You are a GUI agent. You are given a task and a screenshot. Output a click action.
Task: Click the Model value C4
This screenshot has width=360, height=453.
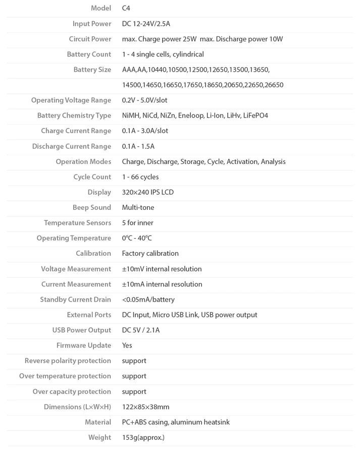coord(126,8)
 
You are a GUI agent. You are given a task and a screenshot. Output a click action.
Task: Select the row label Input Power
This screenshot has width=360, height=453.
coord(91,24)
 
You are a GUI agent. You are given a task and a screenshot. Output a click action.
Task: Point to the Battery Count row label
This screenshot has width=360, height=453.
coord(89,54)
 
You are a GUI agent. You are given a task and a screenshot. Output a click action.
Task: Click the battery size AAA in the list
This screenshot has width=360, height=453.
coord(129,70)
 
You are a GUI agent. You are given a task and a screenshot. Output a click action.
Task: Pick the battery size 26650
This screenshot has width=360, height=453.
coord(274,85)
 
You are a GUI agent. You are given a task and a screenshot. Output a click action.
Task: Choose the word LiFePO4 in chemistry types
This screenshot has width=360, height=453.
coord(255,116)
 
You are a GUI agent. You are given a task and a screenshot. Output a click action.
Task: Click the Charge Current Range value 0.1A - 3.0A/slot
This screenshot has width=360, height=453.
coord(145,131)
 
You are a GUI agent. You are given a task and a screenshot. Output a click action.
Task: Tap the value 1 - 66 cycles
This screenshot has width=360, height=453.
coord(140,177)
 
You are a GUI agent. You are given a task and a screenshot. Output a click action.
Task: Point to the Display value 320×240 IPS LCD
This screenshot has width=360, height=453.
coord(148,192)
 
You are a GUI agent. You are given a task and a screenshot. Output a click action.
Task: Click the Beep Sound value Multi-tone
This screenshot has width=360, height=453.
coord(138,207)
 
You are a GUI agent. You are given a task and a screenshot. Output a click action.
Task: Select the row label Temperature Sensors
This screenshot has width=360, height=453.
coord(77,222)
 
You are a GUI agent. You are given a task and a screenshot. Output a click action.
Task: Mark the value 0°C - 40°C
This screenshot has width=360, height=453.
coord(137,238)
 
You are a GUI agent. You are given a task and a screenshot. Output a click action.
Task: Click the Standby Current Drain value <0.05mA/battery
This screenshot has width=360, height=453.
coord(148,299)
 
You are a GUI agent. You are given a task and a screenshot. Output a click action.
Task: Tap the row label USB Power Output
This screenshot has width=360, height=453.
coord(81,330)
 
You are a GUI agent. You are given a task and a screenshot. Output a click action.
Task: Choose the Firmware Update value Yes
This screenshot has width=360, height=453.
coord(127,345)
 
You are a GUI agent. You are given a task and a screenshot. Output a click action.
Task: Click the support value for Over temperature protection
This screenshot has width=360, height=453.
coord(134,376)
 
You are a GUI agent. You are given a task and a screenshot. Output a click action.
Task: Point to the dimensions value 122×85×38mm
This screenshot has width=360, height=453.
coord(145,407)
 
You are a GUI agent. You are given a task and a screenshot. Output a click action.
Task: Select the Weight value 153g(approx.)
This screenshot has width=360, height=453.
coord(143,437)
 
